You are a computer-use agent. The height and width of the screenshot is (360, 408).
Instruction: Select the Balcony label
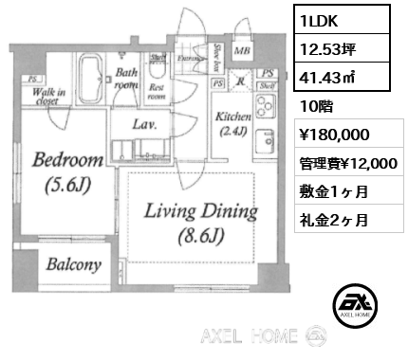point(71,266)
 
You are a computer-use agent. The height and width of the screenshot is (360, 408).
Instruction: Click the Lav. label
point(144,124)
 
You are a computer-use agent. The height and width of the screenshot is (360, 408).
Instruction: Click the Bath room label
point(127,78)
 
